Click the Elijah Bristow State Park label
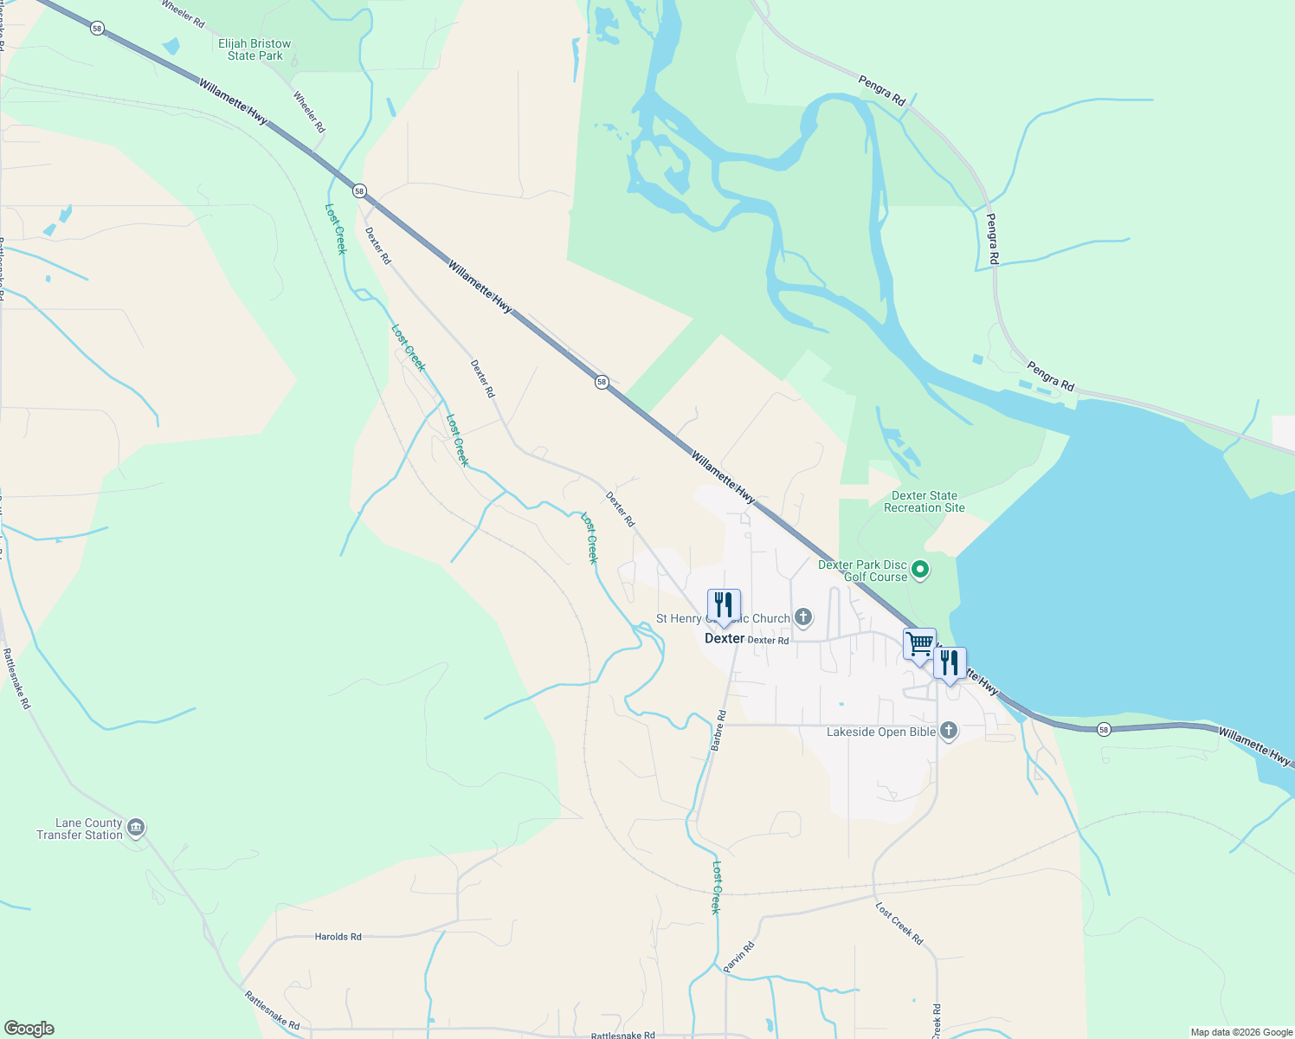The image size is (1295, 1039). pyautogui.click(x=254, y=49)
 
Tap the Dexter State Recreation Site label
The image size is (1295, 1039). pyautogui.click(x=924, y=502)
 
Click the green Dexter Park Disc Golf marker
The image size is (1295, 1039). pyautogui.click(x=921, y=570)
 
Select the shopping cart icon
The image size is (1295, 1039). pyautogui.click(x=919, y=643)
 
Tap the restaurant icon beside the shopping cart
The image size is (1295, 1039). pyautogui.click(x=950, y=663)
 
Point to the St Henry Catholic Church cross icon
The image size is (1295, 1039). pyautogui.click(x=803, y=617)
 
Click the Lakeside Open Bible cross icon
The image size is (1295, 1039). pyautogui.click(x=949, y=732)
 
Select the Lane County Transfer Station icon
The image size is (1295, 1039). pyautogui.click(x=136, y=829)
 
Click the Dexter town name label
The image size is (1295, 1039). pyautogui.click(x=725, y=638)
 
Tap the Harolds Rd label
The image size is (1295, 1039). pyautogui.click(x=338, y=937)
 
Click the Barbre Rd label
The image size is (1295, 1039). pyautogui.click(x=718, y=731)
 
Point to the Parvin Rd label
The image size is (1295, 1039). pyautogui.click(x=739, y=957)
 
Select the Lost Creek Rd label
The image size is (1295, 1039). pyautogui.click(x=899, y=924)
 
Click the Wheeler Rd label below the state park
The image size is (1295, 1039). pyautogui.click(x=309, y=112)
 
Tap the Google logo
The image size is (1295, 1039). pyautogui.click(x=29, y=1029)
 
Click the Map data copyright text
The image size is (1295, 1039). pyautogui.click(x=1241, y=1032)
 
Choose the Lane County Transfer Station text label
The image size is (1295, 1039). pyautogui.click(x=80, y=829)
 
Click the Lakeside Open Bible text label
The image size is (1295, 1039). pyautogui.click(x=881, y=732)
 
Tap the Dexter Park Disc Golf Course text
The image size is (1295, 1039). pyautogui.click(x=863, y=571)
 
